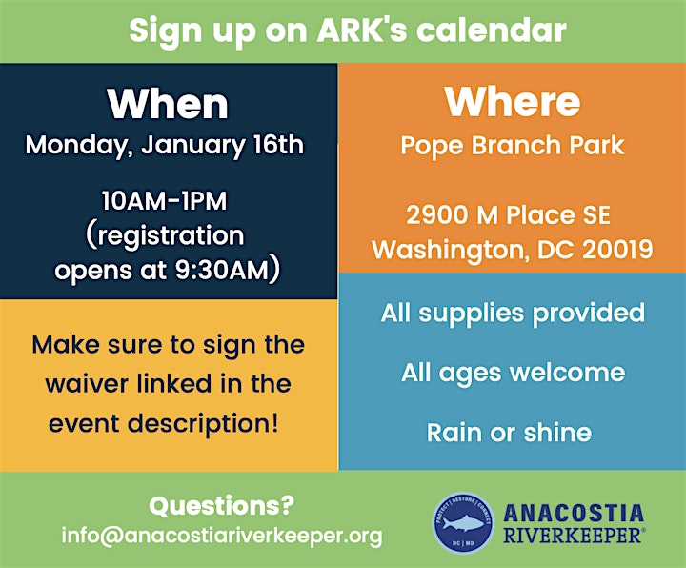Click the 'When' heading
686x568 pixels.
(x=168, y=104)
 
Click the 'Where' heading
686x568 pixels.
(x=513, y=102)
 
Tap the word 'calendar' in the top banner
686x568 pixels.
(x=491, y=30)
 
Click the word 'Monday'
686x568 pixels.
(x=76, y=146)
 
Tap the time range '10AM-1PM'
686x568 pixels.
(x=165, y=201)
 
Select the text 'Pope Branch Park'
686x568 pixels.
(x=513, y=146)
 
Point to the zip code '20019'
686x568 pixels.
(x=617, y=250)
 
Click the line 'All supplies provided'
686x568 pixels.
(x=513, y=314)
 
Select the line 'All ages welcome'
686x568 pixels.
(x=513, y=374)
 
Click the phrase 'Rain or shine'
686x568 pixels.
(x=509, y=433)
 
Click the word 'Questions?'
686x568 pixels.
(x=221, y=506)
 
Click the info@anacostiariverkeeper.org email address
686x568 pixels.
(x=222, y=536)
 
